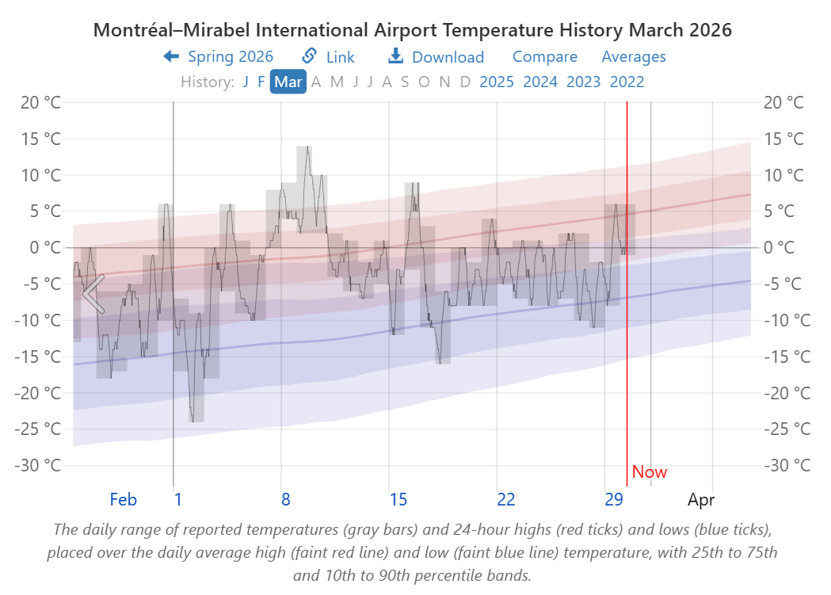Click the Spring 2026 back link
click(219, 57)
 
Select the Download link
click(436, 57)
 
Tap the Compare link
click(545, 57)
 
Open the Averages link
click(634, 57)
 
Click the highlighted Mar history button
click(288, 82)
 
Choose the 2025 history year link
click(497, 82)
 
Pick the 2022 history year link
click(627, 82)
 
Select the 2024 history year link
click(540, 82)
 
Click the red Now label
click(650, 472)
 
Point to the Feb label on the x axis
click(124, 499)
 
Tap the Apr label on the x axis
click(702, 499)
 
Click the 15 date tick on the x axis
click(398, 499)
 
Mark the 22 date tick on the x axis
click(506, 499)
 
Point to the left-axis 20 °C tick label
click(41, 103)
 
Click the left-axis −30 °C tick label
click(37, 465)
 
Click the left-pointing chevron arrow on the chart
click(93, 293)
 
